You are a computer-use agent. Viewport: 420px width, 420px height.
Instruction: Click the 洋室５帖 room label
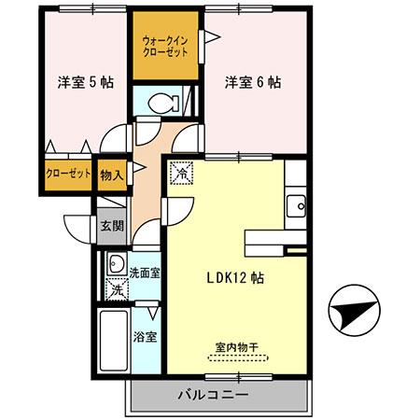pyautogui.click(x=85, y=82)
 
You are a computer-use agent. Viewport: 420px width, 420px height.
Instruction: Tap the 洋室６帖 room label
pyautogui.click(x=252, y=82)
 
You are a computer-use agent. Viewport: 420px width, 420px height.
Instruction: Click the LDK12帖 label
pyautogui.click(x=233, y=277)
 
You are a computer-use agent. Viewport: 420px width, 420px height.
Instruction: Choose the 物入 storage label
pyautogui.click(x=111, y=174)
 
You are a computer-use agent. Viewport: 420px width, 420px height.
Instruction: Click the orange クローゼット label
pyautogui.click(x=68, y=175)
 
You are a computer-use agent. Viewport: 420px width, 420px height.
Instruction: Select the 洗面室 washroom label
pyautogui.click(x=145, y=273)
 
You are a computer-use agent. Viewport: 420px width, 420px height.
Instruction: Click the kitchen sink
pyautogui.click(x=296, y=205)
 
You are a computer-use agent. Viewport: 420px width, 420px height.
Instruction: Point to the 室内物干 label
pyautogui.click(x=237, y=346)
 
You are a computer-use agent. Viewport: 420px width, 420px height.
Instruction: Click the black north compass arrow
pyautogui.click(x=352, y=312)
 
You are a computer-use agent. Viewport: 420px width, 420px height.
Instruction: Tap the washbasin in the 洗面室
pyautogui.click(x=117, y=263)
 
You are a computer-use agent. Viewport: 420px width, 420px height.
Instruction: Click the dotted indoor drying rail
pyautogui.click(x=237, y=357)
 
